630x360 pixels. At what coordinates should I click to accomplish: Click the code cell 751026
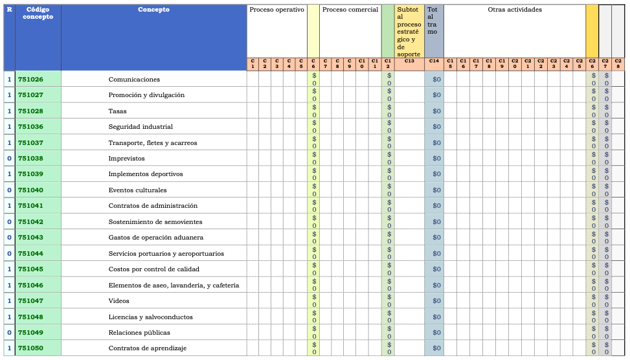point(31,80)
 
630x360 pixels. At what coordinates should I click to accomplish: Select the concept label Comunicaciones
point(134,80)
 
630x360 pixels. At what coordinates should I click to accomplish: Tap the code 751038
point(31,159)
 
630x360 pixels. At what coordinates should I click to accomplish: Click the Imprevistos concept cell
point(126,159)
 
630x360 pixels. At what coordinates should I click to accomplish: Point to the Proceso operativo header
point(276,10)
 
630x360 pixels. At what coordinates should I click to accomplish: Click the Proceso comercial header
point(350,10)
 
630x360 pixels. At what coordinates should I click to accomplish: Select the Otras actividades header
point(515,10)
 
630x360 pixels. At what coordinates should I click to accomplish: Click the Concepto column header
point(154,10)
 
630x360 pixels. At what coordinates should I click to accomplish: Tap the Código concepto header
point(38,13)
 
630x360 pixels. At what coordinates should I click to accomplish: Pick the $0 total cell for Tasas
point(436,111)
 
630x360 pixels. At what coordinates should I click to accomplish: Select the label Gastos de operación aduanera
point(155,238)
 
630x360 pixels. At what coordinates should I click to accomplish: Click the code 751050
point(31,348)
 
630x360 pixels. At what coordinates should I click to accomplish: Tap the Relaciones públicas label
point(139,333)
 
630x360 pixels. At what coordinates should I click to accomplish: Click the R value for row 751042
point(9,222)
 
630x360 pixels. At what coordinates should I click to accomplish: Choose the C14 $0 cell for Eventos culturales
point(436,190)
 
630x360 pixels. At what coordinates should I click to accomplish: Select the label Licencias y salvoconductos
point(150,317)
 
